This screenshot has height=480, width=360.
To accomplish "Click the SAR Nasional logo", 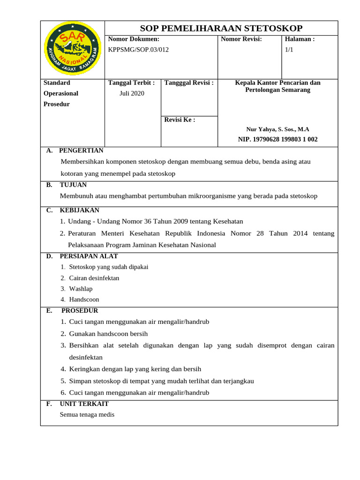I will (x=72, y=50).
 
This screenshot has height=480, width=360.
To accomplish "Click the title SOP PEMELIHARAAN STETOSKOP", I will (x=221, y=28).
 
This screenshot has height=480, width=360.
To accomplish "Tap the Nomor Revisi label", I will (x=241, y=39).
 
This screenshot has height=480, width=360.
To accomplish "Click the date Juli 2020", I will (x=132, y=93).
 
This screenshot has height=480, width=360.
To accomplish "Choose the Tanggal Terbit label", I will (x=131, y=83).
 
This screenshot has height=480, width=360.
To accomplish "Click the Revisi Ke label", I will (x=180, y=120).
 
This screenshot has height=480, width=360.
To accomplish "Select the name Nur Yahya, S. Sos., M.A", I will (x=277, y=129).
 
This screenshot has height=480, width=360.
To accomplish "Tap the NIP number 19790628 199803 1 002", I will (x=277, y=139).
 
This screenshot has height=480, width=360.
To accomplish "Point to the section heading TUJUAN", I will (x=73, y=185).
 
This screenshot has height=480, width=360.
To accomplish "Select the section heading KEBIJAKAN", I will (x=79, y=210).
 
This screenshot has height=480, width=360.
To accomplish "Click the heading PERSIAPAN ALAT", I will (x=89, y=256).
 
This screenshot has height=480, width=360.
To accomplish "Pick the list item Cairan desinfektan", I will (x=94, y=278).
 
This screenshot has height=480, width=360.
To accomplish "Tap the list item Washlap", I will (x=81, y=289).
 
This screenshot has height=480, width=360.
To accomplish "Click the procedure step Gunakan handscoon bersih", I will (x=108, y=334).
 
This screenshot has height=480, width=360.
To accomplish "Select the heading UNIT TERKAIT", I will (x=84, y=404).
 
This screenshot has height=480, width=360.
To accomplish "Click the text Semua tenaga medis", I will (x=87, y=414).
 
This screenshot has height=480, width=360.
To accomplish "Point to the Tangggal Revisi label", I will (x=189, y=83).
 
